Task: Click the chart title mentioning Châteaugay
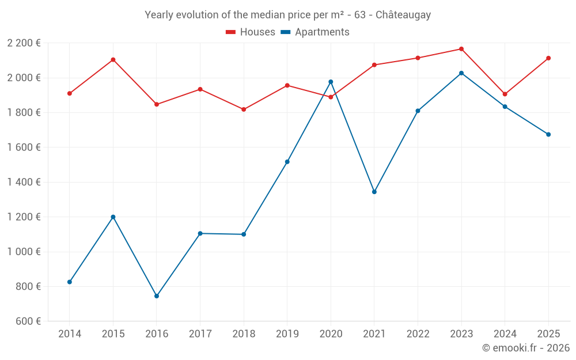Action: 287,15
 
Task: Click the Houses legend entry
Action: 251,32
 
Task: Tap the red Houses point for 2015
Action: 113,60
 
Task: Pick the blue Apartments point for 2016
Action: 157,296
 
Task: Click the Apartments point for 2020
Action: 331,82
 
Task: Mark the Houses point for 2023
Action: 461,49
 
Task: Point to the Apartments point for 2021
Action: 374,192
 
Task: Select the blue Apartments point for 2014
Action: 70,282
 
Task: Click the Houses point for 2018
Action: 244,109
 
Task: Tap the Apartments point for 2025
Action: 548,135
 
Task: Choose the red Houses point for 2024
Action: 505,94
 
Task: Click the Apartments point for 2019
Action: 287,162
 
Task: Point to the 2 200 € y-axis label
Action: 24,43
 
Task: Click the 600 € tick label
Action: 27,321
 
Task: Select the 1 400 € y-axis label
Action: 24,182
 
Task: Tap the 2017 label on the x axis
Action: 200,334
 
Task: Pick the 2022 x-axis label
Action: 418,334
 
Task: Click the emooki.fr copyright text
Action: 525,348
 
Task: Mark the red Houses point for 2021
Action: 374,65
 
